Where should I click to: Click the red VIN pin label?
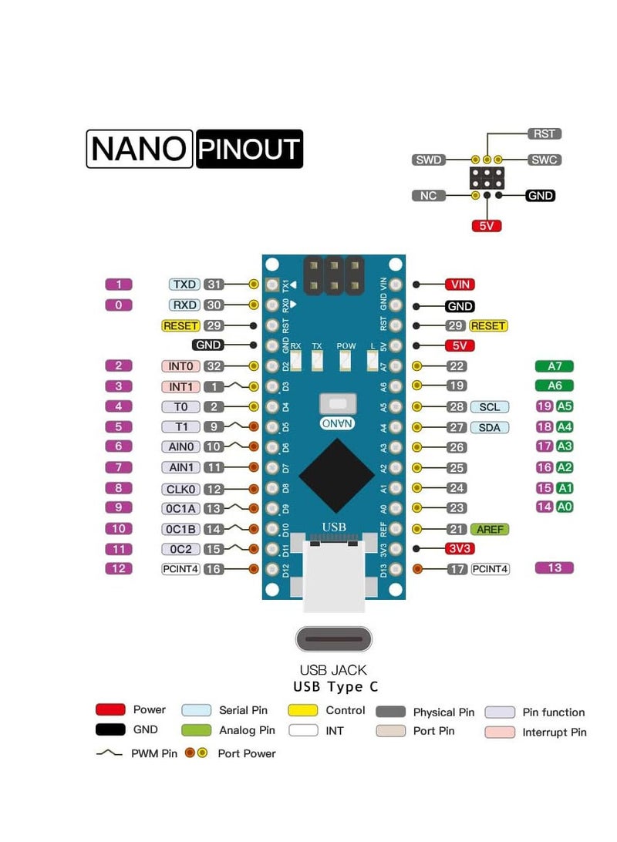[x=460, y=285]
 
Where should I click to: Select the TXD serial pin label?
[x=185, y=285]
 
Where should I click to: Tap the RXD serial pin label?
[x=185, y=305]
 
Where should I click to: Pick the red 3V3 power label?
[x=460, y=549]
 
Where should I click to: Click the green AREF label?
[x=490, y=530]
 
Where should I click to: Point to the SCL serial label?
[x=489, y=407]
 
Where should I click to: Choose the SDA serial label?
[x=489, y=427]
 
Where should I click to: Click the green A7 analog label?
[x=555, y=365]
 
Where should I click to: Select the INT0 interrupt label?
[x=180, y=366]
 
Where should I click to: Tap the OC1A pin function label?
[x=180, y=508]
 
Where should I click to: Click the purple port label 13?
[x=555, y=568]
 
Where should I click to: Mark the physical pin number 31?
[x=214, y=285]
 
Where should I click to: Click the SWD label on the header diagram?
[x=429, y=160]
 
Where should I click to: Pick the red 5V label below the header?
[x=487, y=226]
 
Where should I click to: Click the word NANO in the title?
[x=139, y=149]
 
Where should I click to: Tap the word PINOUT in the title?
[x=249, y=149]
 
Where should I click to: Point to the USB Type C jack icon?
[x=333, y=639]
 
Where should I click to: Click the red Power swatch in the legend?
[x=110, y=710]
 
